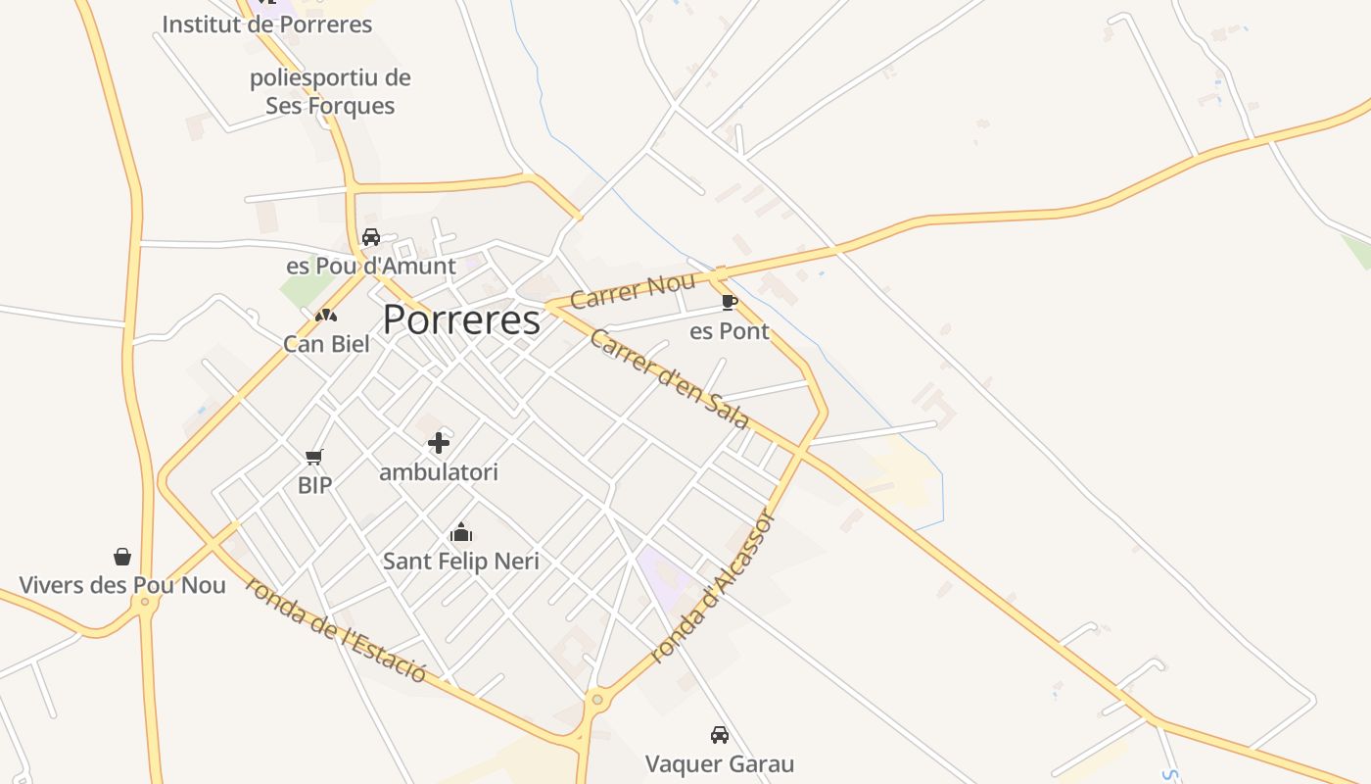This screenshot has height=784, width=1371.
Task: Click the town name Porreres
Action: tap(461, 320)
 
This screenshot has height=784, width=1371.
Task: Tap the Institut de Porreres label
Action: tap(266, 24)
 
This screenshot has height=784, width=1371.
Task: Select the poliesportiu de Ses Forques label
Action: tap(330, 91)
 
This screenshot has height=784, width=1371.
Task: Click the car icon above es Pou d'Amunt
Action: tap(371, 237)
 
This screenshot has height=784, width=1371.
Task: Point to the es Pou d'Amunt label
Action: tap(370, 266)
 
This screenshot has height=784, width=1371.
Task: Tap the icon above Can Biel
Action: tap(326, 316)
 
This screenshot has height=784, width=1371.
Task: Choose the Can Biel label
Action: tap(326, 344)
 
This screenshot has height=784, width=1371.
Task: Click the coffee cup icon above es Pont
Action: tap(729, 302)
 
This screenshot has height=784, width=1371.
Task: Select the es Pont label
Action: tap(730, 331)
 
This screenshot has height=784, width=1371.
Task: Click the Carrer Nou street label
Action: tap(633, 291)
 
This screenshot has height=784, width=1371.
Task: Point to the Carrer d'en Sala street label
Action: tap(670, 379)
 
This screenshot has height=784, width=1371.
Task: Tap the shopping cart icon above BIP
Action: tap(314, 457)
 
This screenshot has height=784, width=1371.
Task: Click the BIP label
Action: tap(314, 484)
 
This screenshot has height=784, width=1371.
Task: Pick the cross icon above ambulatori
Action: tap(439, 443)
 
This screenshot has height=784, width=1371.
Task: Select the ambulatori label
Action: tap(439, 472)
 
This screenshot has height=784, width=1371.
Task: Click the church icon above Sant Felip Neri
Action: tap(461, 533)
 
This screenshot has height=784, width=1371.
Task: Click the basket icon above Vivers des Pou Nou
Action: tap(122, 557)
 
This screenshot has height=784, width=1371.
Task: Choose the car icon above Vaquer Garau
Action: tap(720, 735)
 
